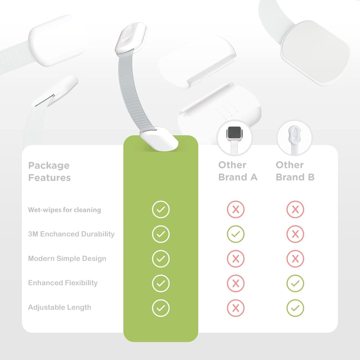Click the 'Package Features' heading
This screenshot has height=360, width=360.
pyautogui.click(x=49, y=171)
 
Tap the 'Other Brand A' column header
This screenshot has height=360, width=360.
pyautogui.click(x=238, y=171)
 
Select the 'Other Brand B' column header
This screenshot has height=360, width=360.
pyautogui.click(x=295, y=171)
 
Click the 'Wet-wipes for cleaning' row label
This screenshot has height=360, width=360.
pyautogui.click(x=64, y=210)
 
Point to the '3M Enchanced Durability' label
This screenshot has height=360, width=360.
pyautogui.click(x=71, y=234)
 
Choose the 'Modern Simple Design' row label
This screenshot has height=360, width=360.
pyautogui.click(x=67, y=258)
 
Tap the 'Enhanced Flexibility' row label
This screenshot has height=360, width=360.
pyautogui.click(x=63, y=283)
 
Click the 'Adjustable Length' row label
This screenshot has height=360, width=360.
pyautogui.click(x=60, y=307)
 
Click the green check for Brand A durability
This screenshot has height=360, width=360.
pyautogui.click(x=235, y=234)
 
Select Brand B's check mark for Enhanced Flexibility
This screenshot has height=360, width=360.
pyautogui.click(x=295, y=283)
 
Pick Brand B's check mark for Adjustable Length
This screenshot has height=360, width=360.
pyautogui.click(x=295, y=308)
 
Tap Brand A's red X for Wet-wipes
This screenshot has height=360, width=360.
pyautogui.click(x=235, y=210)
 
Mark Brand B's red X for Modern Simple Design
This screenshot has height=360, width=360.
pyautogui.click(x=295, y=259)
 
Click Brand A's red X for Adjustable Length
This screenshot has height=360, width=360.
pyautogui.click(x=235, y=308)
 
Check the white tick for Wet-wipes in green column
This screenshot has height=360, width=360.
pyautogui.click(x=161, y=210)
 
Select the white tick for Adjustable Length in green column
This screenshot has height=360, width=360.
pyautogui.click(x=161, y=308)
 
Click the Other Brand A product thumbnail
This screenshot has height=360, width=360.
pyautogui.click(x=234, y=138)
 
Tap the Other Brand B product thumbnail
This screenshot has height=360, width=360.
pyautogui.click(x=294, y=138)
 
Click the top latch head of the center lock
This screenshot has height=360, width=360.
pyautogui.click(x=131, y=39)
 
